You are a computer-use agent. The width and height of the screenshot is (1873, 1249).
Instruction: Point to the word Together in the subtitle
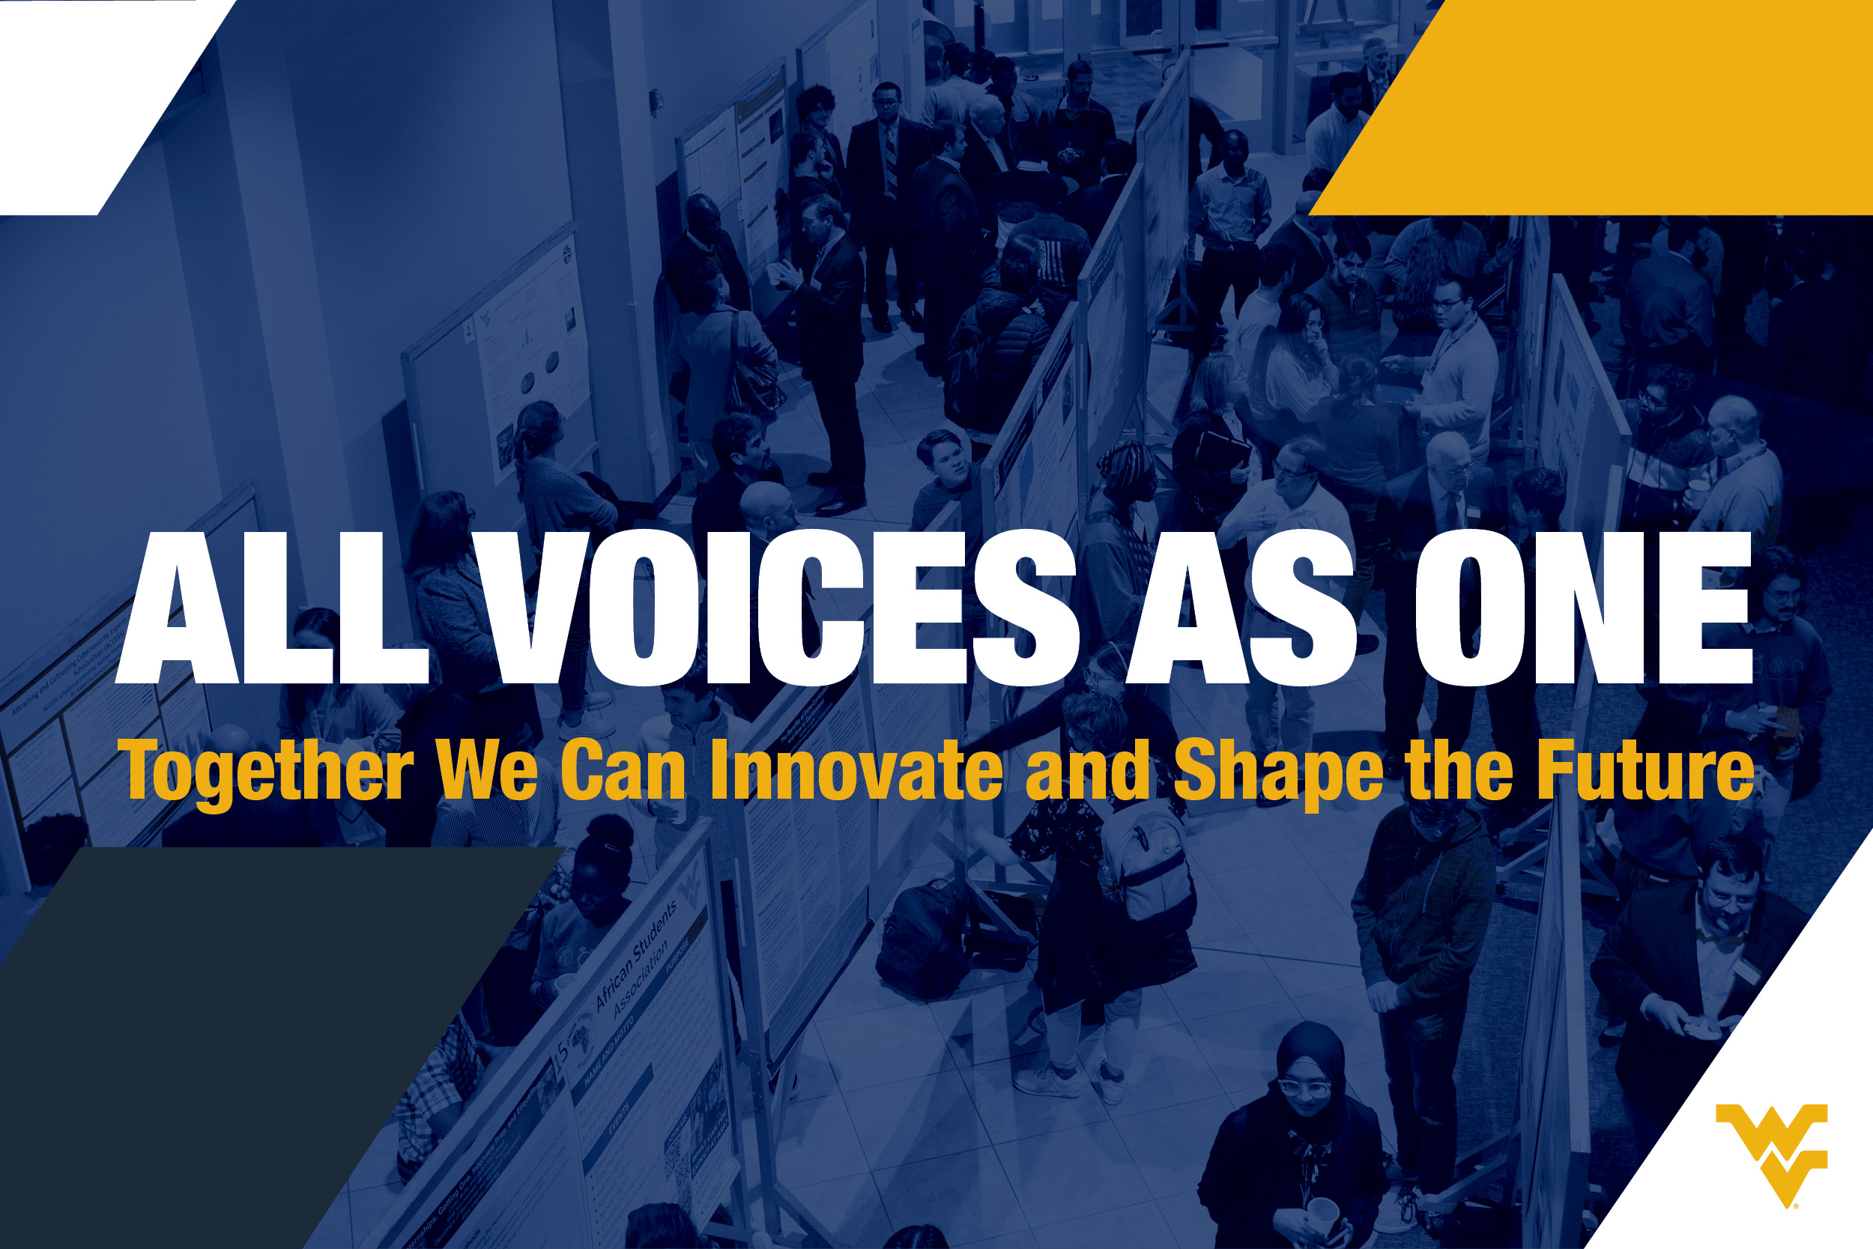(265, 771)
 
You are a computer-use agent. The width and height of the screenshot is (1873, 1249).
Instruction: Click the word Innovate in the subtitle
(856, 769)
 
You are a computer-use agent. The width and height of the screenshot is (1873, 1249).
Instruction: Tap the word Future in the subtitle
(1645, 769)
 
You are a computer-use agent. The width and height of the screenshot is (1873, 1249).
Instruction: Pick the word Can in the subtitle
(623, 769)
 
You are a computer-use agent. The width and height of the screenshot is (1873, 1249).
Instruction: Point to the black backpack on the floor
(924, 940)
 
